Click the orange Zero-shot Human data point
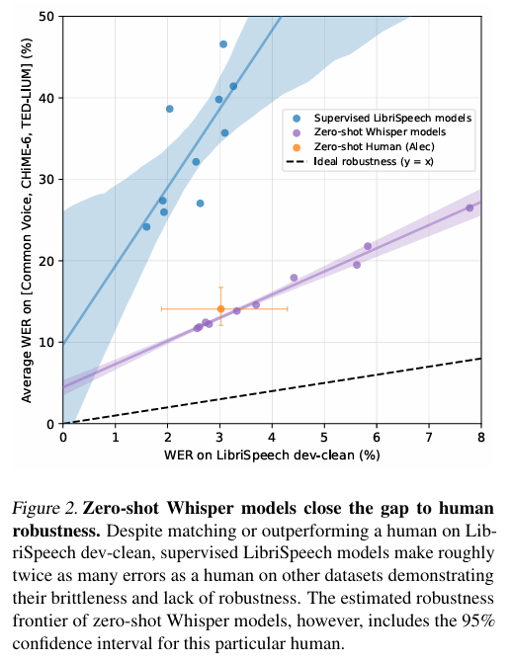[220, 309]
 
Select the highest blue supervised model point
[223, 44]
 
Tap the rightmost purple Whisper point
[469, 207]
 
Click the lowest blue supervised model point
[146, 227]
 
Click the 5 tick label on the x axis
[324, 437]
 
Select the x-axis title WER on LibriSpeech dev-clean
[272, 455]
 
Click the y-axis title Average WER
[26, 220]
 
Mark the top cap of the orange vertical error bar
[220, 288]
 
